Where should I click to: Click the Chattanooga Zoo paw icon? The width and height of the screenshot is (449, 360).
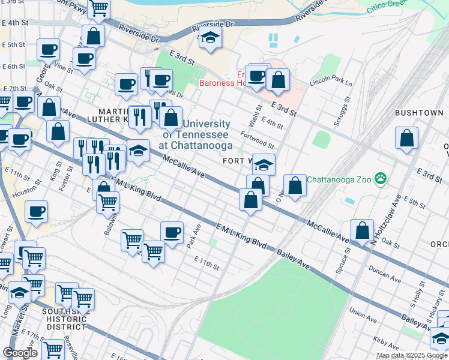click(380, 178)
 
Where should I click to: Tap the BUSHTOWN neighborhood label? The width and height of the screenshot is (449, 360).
click(419, 113)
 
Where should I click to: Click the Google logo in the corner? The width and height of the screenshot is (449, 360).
click(20, 352)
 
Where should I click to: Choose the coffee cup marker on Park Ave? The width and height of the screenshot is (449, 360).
click(172, 232)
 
